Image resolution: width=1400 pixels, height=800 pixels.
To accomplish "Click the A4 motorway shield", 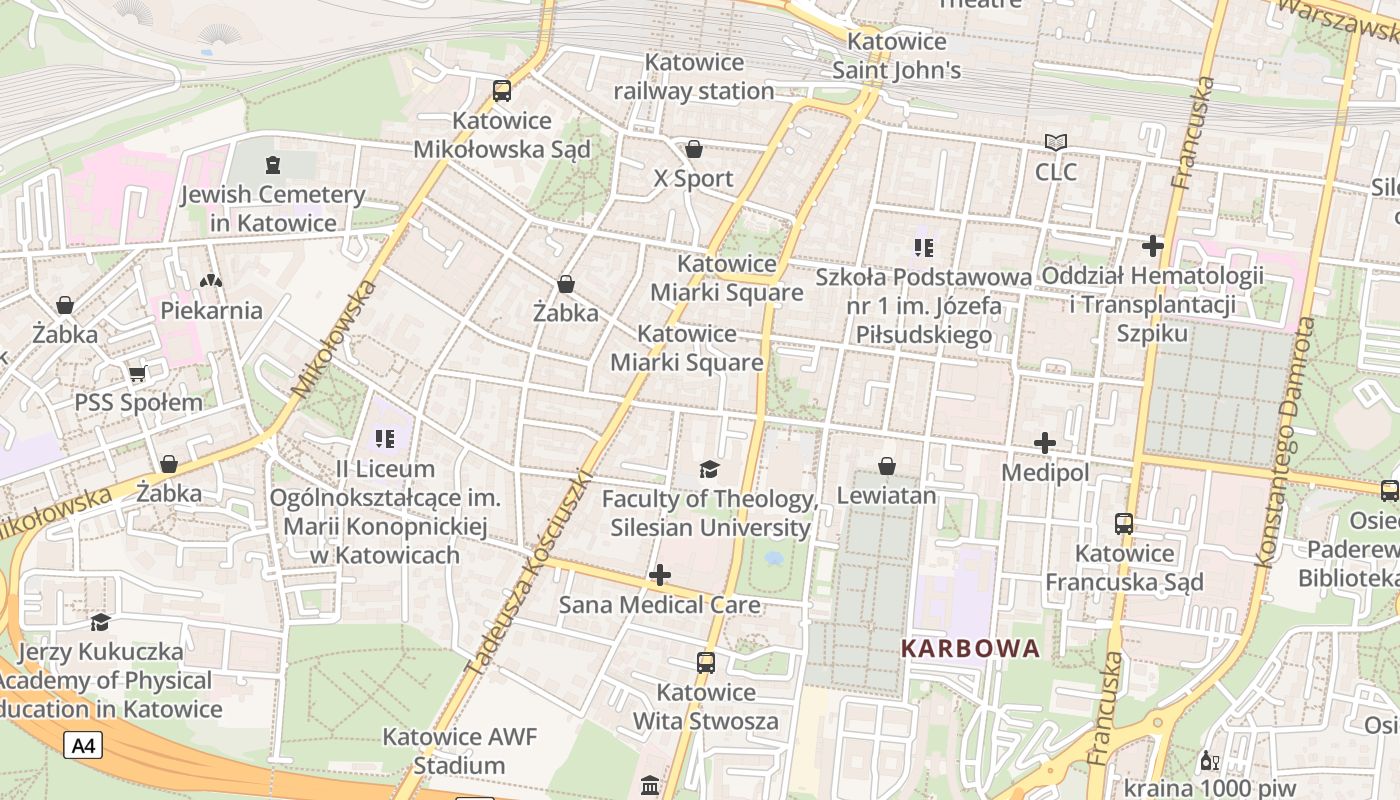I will click(x=84, y=745).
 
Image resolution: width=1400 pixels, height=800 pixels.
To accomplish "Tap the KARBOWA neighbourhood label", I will click(x=970, y=648).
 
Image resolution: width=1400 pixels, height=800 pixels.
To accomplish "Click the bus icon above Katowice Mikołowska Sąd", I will click(x=502, y=91).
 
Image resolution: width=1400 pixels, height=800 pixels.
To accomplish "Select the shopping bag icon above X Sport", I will click(x=694, y=150).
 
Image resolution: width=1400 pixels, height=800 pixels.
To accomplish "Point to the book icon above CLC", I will click(x=1056, y=143).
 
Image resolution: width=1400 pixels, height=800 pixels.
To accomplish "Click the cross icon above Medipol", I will click(x=1045, y=442).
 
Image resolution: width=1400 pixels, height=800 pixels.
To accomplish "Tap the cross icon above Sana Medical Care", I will click(x=660, y=575).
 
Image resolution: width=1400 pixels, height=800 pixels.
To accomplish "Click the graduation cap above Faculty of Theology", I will click(x=709, y=469).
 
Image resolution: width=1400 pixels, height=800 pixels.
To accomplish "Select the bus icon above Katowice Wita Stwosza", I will click(x=706, y=662).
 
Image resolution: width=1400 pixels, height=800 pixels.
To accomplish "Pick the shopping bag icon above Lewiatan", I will click(x=886, y=466).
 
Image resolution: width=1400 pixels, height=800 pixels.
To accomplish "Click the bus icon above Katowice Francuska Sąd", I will click(x=1124, y=523).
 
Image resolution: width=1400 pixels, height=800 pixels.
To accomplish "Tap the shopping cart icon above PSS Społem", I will click(x=138, y=374).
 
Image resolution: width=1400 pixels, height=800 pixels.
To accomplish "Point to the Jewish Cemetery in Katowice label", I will click(x=273, y=208).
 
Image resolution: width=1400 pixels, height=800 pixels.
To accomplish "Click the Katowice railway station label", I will click(x=694, y=76).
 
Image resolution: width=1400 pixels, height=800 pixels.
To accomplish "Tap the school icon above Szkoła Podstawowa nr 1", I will click(x=923, y=246).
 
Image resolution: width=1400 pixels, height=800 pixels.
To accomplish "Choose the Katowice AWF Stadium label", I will click(x=459, y=751).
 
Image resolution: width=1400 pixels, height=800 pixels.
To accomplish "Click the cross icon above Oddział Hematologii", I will click(x=1153, y=245).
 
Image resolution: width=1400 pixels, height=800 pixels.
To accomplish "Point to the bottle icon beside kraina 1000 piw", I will click(x=1209, y=761).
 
